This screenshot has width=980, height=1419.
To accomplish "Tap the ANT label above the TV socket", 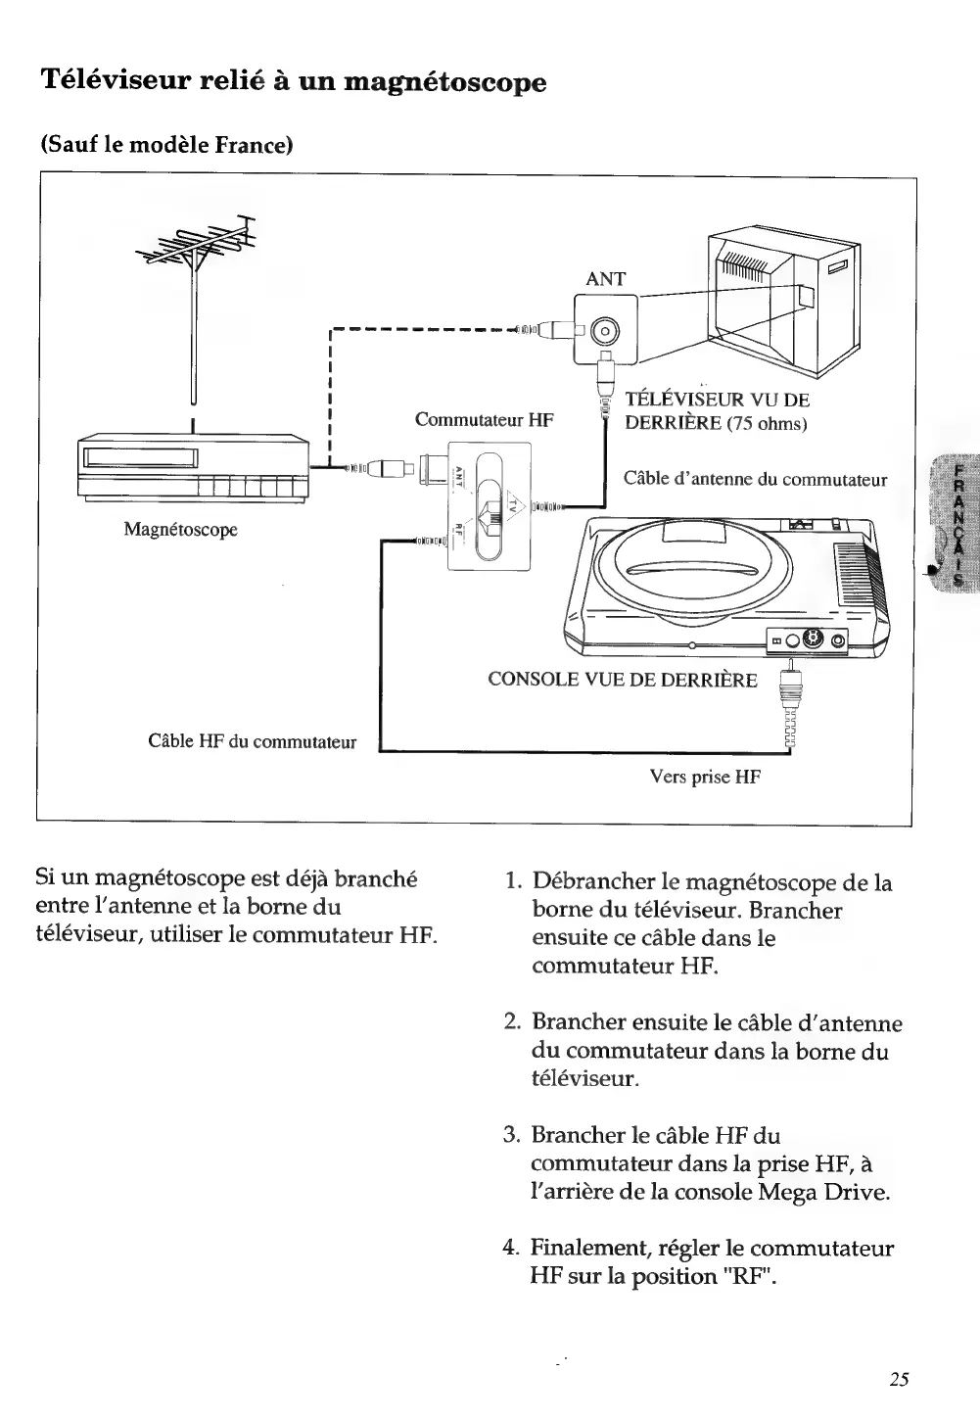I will coord(605,279).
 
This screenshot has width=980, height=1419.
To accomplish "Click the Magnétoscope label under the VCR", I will coord(181,530).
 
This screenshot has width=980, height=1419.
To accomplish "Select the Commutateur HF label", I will coord(484,420).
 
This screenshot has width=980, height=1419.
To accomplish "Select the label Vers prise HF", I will coord(705,778).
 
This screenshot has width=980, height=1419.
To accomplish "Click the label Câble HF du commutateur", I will coord(252,741).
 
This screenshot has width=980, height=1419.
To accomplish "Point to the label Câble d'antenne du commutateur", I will coord(755,479).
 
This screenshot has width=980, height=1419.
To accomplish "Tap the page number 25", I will coord(900,1380).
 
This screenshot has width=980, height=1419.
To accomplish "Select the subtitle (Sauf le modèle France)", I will coord(167,146).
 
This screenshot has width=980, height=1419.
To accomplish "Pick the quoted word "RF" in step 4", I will coord(740,1276).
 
